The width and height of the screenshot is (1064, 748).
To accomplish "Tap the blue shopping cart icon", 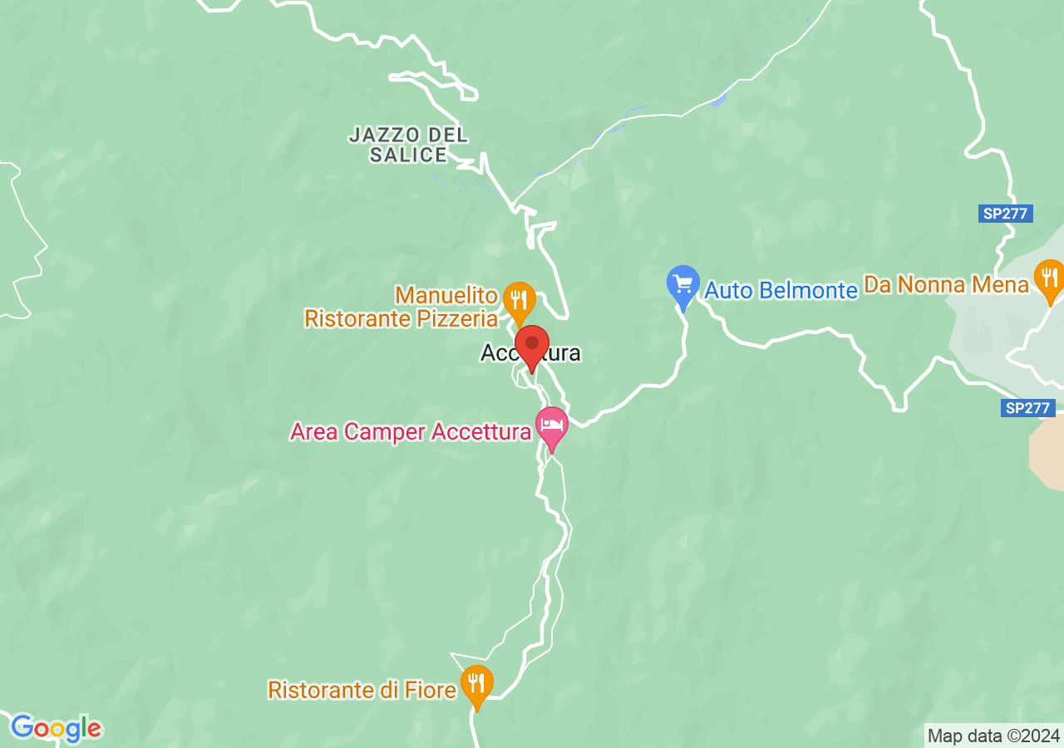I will tap(683, 284).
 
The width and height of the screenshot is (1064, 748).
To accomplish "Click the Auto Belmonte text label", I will tap(781, 290).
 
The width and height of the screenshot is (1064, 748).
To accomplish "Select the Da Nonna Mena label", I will tap(947, 285).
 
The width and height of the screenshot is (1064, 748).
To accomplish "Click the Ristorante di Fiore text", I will tap(362, 690).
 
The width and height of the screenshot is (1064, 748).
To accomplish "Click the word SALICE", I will tap(408, 155).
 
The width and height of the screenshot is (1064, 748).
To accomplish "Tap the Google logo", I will tap(56, 729).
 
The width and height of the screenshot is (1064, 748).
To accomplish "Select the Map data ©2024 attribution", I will tap(993, 736).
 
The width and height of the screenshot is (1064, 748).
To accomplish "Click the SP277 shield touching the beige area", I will tap(1027, 408).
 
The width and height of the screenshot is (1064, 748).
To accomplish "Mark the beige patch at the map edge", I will tap(1047, 453).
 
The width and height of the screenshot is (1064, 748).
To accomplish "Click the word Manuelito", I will tap(446, 295).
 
